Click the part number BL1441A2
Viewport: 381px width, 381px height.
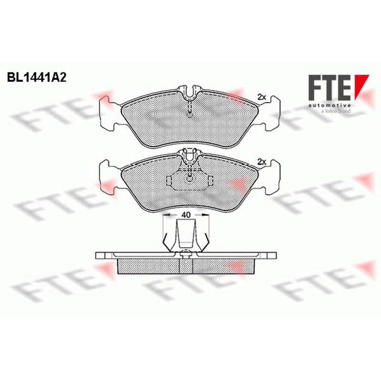pyautogui.click(x=37, y=78)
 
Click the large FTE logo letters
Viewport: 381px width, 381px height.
pyautogui.click(x=330, y=88)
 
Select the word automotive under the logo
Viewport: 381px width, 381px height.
pyautogui.click(x=330, y=105)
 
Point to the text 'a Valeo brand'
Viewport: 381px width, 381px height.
pyautogui.click(x=336, y=111)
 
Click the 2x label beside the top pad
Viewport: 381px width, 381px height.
pyautogui.click(x=261, y=97)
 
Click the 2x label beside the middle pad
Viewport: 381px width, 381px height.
pyautogui.click(x=261, y=162)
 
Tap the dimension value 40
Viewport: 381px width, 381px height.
pyautogui.click(x=186, y=215)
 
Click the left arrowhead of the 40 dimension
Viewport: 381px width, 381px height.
pyautogui.click(x=166, y=215)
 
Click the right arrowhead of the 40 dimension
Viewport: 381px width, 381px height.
pyautogui.click(x=206, y=215)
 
